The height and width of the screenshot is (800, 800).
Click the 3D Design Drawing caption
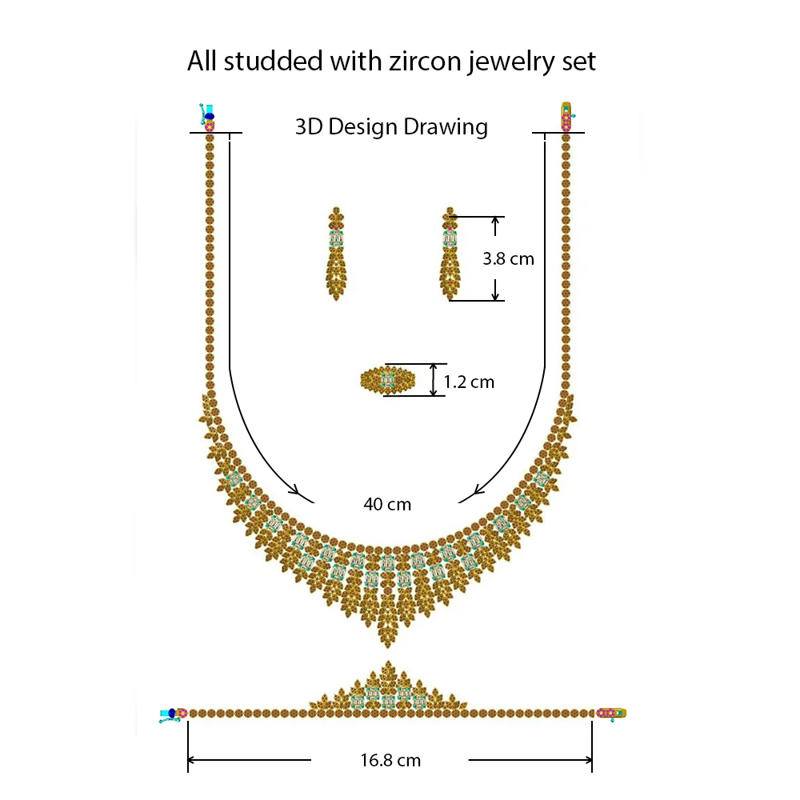[391, 126]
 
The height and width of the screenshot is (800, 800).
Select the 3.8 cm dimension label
[508, 258]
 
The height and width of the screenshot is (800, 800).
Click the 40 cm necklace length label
[387, 504]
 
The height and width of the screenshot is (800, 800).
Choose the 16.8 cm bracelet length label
[390, 760]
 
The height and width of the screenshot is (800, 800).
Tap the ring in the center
[388, 380]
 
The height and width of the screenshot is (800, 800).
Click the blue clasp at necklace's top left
[208, 115]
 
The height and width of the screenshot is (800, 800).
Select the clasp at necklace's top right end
[566, 117]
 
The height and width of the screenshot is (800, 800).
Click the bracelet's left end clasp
[174, 713]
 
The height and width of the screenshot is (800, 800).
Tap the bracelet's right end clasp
[612, 713]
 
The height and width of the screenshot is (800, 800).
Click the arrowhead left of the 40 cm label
[295, 490]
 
